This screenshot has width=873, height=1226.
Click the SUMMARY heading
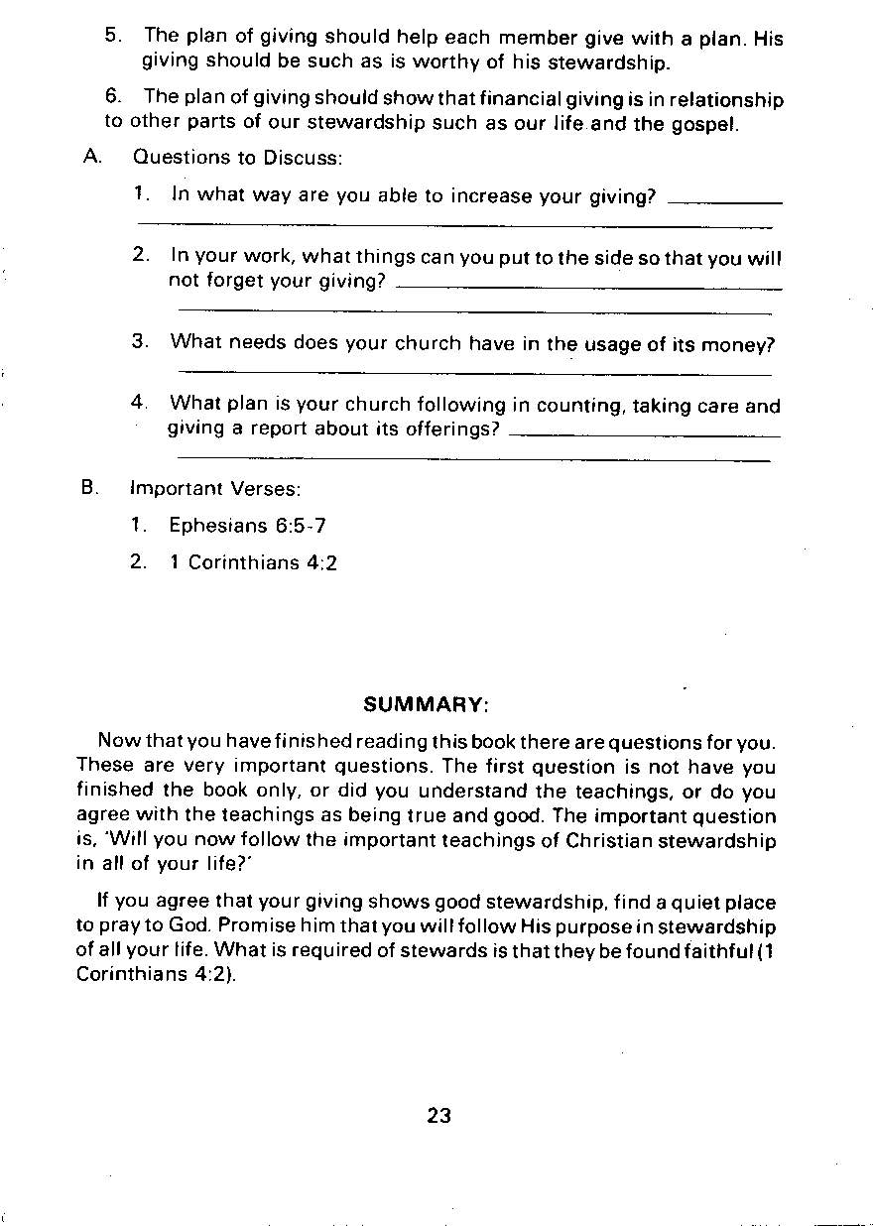426,705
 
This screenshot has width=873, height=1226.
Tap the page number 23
438,1116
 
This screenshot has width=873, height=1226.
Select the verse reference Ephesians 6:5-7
247,526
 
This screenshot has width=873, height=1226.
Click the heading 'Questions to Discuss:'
237,158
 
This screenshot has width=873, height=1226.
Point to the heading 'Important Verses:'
215,489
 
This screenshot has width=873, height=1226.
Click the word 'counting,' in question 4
580,406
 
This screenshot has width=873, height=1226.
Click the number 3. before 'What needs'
140,342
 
